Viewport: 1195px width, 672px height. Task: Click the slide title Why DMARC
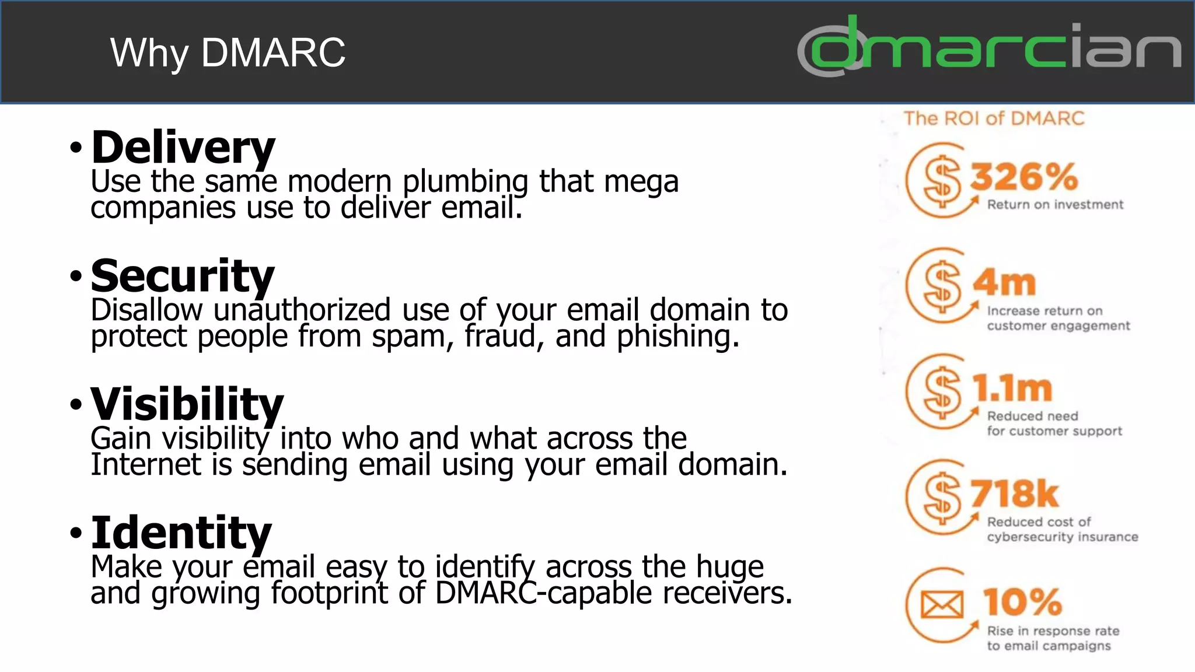228,53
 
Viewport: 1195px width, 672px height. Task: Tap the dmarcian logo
989,47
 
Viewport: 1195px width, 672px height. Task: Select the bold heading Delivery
183,148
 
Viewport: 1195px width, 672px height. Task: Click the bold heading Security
182,276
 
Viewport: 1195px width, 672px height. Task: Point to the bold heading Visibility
187,404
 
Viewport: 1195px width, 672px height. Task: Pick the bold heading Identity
181,533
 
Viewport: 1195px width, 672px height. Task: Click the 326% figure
1024,177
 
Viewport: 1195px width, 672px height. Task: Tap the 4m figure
1004,283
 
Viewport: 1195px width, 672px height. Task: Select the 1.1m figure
1012,388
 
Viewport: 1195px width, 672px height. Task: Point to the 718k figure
1014,494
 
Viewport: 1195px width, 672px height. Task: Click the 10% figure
1022,601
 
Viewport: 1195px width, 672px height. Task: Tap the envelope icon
942,605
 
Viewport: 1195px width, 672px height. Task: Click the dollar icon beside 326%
942,181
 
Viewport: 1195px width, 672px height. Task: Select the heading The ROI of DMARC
994,118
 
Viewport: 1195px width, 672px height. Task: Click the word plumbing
465,182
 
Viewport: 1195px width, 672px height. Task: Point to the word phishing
678,337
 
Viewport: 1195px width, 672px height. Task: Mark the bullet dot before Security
76,276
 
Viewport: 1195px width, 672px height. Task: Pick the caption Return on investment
1055,205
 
